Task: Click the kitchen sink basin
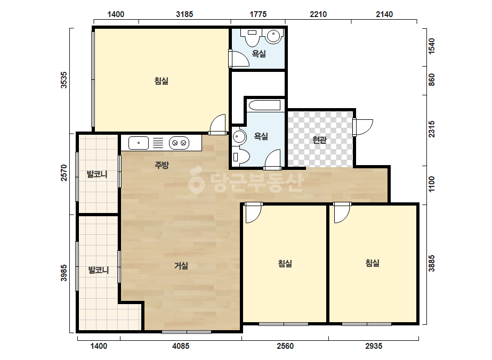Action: coord(139,143)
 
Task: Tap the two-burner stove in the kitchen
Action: coord(179,143)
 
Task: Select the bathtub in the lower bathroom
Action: coord(264,105)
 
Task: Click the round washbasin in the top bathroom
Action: coord(273,36)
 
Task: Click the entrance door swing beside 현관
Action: coord(362,127)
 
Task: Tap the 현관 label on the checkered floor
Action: coord(319,140)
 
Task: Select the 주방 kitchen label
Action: coord(162,165)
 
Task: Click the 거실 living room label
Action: coord(181,266)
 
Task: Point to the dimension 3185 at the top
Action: coord(184,14)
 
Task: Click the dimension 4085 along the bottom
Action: coord(181,346)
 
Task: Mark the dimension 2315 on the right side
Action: coord(432,129)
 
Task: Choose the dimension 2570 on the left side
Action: coord(63,173)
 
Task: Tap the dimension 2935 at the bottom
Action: coord(374,346)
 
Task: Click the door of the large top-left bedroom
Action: coord(217,125)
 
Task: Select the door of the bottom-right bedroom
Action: coord(342,212)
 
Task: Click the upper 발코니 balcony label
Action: coord(97,174)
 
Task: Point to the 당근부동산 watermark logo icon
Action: coord(196,181)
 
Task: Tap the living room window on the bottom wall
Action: coord(187,332)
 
